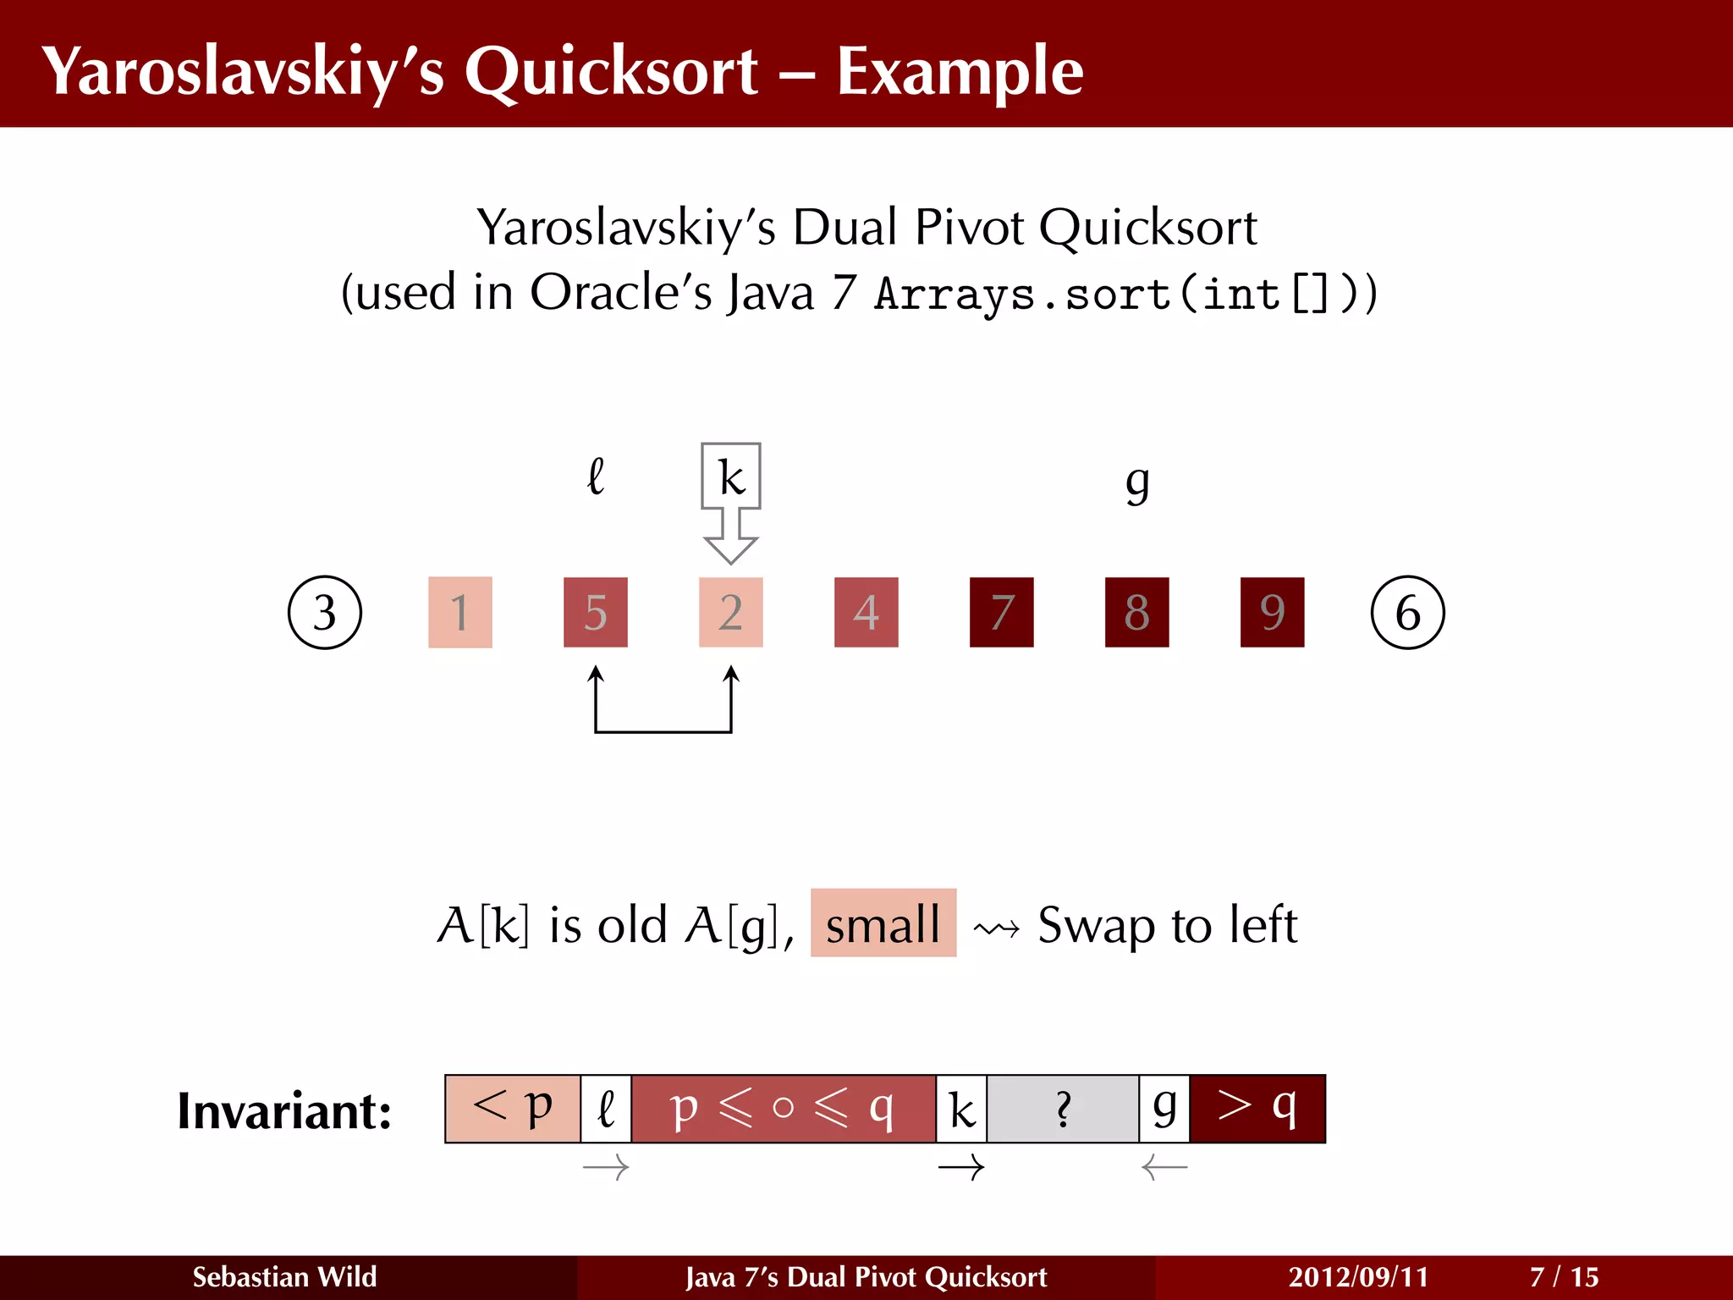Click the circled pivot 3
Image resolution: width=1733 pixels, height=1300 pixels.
[x=325, y=613]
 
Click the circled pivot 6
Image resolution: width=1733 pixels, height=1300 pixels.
[x=1407, y=613]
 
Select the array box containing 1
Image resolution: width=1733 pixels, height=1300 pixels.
[x=460, y=613]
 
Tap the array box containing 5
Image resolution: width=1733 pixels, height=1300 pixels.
[x=596, y=613]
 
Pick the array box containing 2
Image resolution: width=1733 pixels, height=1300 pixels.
[x=731, y=613]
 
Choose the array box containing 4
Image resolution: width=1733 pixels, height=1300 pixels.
[x=866, y=613]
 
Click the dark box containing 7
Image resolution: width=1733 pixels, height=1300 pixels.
[x=1002, y=613]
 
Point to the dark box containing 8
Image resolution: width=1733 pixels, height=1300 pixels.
[x=1137, y=613]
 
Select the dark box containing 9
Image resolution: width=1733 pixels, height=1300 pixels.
[x=1272, y=613]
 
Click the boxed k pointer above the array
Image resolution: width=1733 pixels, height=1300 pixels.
[x=731, y=476]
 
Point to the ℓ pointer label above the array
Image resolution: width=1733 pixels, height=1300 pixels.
[x=596, y=476]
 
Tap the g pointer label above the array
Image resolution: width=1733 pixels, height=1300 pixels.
[x=1138, y=482]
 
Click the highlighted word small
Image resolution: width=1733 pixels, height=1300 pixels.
[x=883, y=923]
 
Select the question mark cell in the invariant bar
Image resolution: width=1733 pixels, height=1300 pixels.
[x=1063, y=1109]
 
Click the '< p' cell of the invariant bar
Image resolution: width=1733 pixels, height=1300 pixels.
[x=513, y=1109]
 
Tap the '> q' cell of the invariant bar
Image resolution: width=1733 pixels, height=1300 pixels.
[x=1257, y=1109]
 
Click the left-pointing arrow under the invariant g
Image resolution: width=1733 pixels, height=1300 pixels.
[x=1164, y=1169]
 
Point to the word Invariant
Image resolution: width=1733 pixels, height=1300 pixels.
[x=284, y=1110]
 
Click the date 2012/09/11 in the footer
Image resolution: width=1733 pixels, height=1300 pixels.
[x=1358, y=1276]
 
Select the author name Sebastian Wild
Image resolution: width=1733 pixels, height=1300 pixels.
[x=284, y=1276]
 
